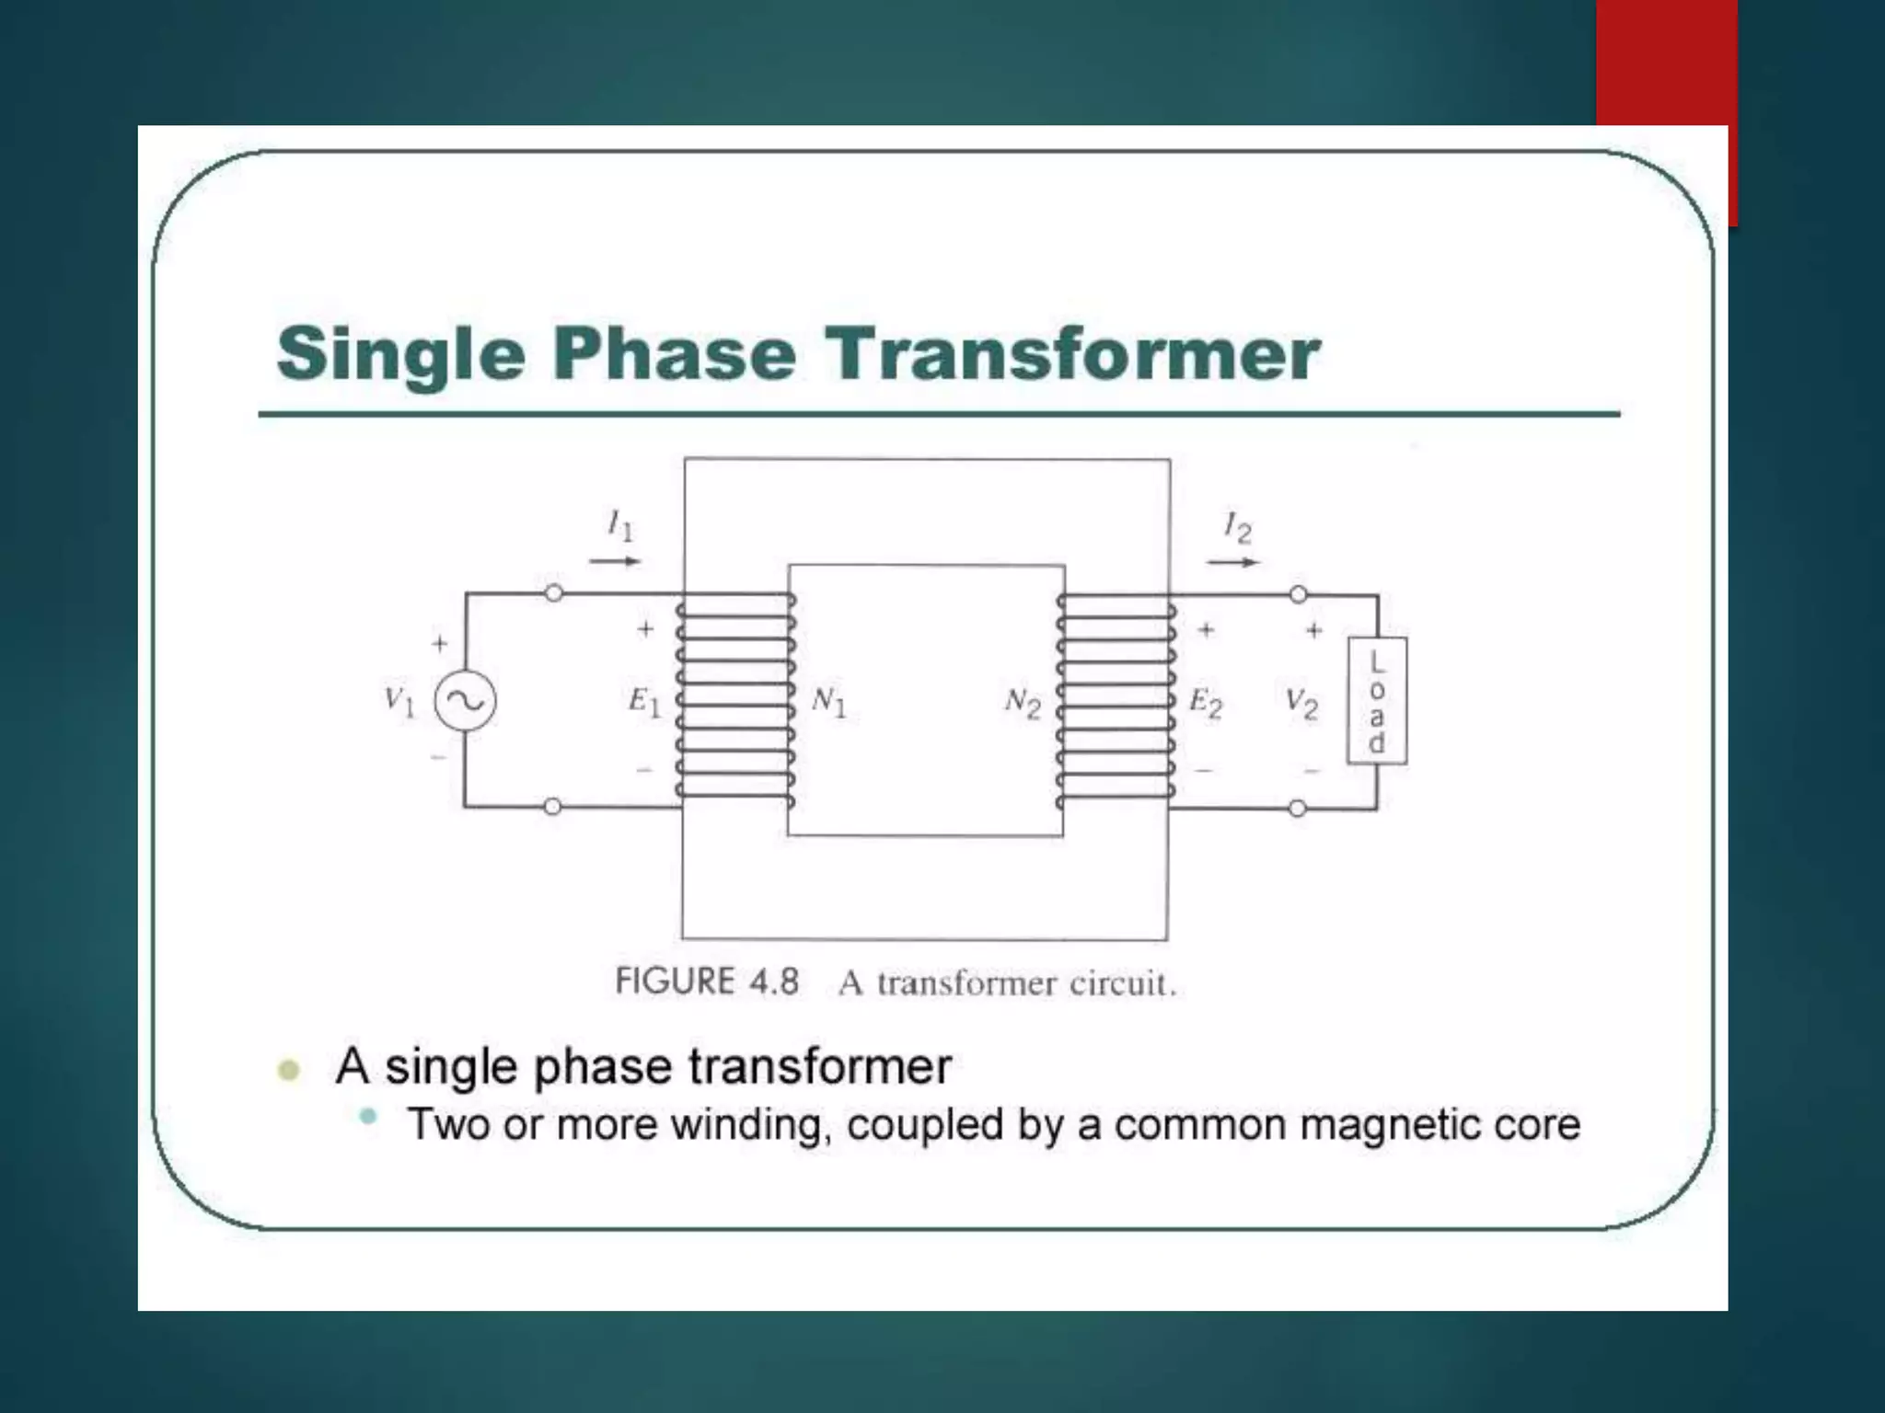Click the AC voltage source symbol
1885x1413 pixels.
(x=465, y=702)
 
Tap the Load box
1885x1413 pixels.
(x=1377, y=701)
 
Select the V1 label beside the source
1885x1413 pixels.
(x=399, y=702)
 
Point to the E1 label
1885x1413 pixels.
(x=644, y=702)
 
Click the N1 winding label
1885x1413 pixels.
(x=828, y=702)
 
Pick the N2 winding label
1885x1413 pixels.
(x=1023, y=704)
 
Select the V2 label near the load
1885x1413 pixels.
(x=1301, y=705)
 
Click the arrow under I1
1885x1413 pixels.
(x=615, y=560)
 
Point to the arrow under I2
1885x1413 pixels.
(x=1233, y=561)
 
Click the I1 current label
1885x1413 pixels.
(x=620, y=526)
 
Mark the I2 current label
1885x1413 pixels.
(x=1237, y=528)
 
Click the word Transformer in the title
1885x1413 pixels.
(x=1072, y=354)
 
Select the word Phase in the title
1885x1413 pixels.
(x=675, y=354)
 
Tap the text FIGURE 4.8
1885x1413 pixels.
(x=707, y=982)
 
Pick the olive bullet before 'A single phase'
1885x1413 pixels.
(x=289, y=1070)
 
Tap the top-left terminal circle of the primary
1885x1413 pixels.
(x=553, y=593)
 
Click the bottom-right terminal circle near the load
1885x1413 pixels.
(x=1298, y=809)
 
